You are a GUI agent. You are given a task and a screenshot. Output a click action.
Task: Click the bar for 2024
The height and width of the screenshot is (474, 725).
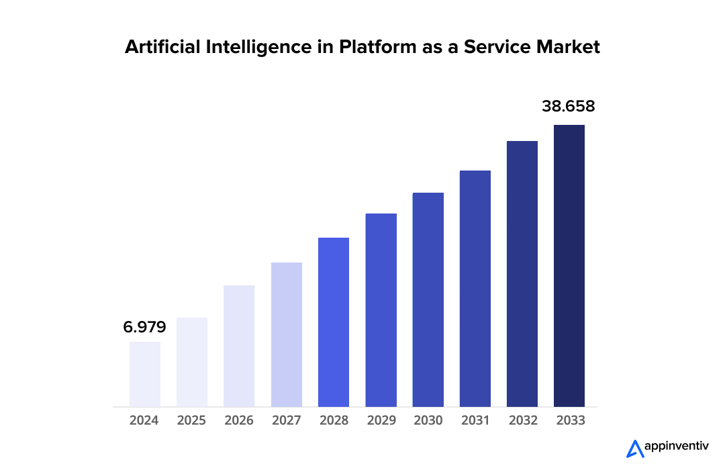[145, 374]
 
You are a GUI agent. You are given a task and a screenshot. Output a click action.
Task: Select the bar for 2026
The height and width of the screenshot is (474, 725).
[239, 346]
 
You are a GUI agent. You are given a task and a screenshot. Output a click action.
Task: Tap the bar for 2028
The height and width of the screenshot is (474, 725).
[334, 322]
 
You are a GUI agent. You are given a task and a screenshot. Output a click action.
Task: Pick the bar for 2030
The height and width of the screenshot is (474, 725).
[428, 299]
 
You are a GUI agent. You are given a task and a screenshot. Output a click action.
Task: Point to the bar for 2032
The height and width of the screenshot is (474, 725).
[522, 273]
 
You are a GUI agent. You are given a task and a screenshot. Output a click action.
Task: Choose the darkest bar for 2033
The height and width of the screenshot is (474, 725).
[569, 265]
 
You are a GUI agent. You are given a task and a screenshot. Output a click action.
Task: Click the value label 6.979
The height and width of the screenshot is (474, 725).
[144, 328]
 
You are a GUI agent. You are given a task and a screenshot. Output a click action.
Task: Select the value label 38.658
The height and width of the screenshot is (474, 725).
[569, 106]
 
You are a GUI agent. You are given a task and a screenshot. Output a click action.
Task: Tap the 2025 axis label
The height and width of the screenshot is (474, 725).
[192, 421]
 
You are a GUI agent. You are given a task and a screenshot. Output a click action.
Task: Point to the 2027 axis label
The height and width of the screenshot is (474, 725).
[287, 421]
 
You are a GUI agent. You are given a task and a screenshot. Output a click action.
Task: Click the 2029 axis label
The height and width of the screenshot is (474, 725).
[381, 421]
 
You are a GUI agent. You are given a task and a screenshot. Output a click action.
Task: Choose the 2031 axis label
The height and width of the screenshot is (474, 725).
[475, 421]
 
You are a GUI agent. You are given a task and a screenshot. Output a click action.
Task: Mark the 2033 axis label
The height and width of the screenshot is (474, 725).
[570, 421]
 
